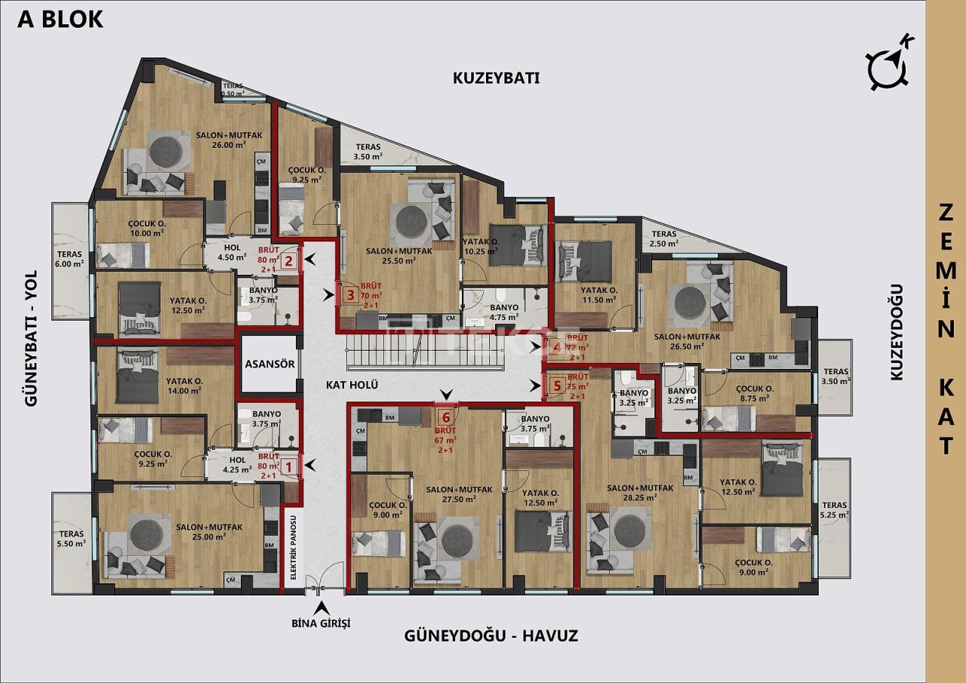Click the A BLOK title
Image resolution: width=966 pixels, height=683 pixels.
click(60, 20)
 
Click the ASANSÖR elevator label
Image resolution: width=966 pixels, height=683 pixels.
click(269, 364)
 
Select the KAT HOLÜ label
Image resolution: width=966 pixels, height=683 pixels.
click(351, 385)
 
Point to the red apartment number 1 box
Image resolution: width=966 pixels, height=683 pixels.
click(288, 467)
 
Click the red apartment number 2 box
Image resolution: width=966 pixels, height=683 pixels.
click(288, 262)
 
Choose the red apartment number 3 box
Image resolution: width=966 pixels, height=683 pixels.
click(349, 295)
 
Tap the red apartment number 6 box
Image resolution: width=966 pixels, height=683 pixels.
click(446, 417)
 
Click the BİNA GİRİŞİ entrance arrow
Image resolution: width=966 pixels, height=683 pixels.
click(321, 607)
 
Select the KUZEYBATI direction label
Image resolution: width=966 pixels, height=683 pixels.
click(496, 78)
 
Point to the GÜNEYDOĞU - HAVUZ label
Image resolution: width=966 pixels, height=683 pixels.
click(491, 635)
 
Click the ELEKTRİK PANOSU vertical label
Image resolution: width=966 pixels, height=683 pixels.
click(294, 546)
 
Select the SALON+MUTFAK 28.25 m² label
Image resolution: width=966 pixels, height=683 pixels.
click(640, 494)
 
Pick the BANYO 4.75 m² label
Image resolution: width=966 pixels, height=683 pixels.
click(503, 312)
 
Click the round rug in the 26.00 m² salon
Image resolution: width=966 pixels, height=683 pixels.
click(169, 151)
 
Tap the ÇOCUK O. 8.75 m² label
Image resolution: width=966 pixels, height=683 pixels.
click(752, 393)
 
